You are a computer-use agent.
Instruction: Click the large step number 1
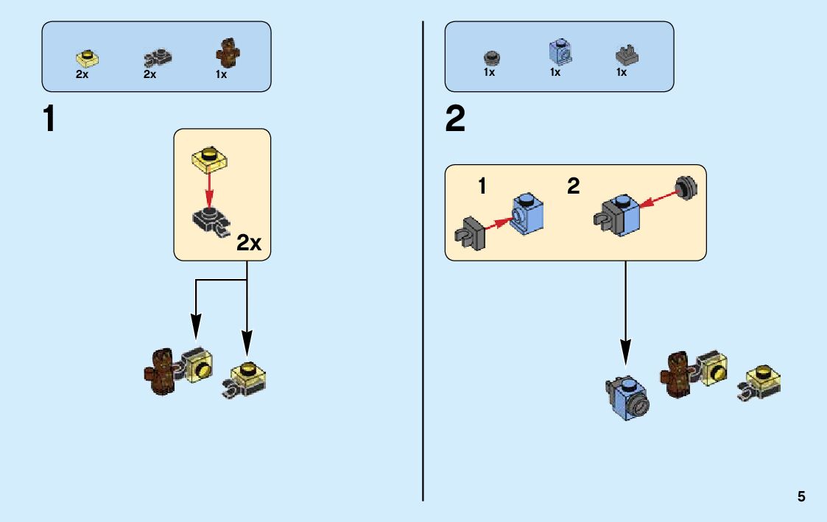49,119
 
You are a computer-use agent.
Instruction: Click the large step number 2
455,119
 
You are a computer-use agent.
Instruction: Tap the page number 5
801,496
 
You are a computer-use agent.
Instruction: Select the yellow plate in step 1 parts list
88,57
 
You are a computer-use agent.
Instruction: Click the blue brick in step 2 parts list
560,52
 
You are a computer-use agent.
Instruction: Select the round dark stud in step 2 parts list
490,57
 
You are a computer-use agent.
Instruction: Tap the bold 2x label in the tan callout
249,244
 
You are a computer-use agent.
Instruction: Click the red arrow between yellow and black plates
209,189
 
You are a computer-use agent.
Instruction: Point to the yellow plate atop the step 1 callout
210,158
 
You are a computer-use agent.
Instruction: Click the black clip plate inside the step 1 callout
211,221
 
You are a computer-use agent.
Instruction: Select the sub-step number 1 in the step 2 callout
482,186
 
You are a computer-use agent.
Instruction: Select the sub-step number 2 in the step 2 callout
573,186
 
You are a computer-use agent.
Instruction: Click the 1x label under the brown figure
221,74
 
